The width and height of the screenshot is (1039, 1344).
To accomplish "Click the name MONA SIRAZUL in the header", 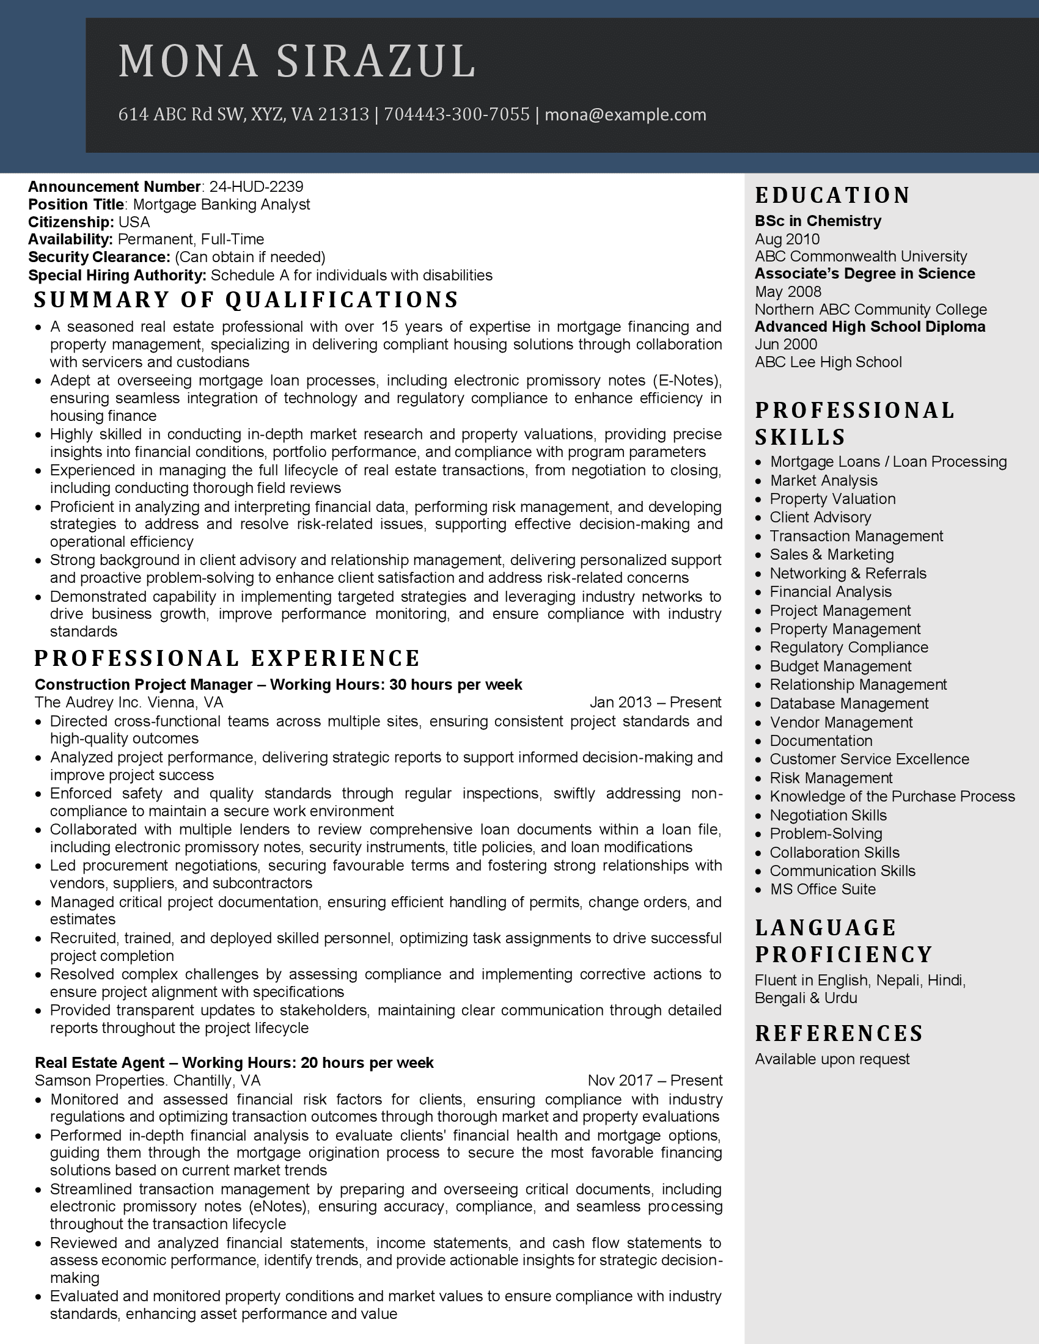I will tap(296, 62).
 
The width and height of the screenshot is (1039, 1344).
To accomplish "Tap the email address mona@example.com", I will tap(625, 115).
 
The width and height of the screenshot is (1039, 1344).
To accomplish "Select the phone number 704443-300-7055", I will tap(457, 115).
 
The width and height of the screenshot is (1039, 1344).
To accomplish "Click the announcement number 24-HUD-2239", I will tap(256, 186).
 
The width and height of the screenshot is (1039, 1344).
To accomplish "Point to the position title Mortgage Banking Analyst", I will tap(222, 204).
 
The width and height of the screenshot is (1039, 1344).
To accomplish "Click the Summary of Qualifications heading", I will tap(246, 300).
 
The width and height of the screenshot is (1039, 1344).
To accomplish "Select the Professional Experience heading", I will tap(227, 659).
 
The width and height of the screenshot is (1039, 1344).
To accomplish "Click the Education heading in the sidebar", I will tap(832, 195).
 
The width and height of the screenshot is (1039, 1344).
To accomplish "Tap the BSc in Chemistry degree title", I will tap(818, 221).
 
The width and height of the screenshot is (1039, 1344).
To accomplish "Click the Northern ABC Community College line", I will tap(870, 310).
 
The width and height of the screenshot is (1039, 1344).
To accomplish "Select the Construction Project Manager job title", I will tap(144, 685).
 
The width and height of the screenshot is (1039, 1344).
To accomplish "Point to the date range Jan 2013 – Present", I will tap(655, 703).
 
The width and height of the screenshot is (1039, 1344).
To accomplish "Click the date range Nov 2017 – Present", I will tap(655, 1081).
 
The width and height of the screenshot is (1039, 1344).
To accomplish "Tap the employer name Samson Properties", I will tap(100, 1081).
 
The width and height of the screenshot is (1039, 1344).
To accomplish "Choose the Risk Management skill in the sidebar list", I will tap(831, 778).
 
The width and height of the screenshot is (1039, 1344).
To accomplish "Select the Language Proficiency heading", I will tap(843, 941).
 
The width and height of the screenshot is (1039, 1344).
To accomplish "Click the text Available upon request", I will tap(832, 1059).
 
